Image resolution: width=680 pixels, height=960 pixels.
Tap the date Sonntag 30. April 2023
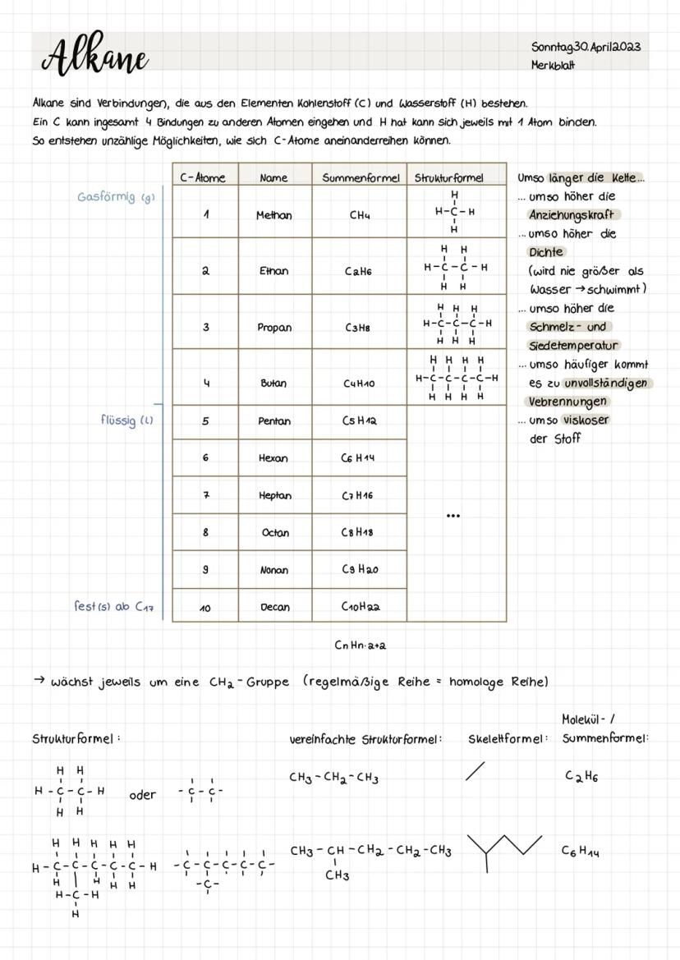585,46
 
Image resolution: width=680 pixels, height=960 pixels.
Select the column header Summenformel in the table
360,177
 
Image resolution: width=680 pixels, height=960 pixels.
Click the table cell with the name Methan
274,215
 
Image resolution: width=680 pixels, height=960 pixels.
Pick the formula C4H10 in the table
359,384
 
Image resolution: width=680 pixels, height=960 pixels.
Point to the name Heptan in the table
274,495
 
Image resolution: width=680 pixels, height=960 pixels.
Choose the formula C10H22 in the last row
359,607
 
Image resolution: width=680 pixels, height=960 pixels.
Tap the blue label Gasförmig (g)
115,197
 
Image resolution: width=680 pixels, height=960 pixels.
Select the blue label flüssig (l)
126,420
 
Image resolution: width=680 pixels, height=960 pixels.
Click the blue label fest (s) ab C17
113,607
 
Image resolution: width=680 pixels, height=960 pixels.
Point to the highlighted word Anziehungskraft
572,215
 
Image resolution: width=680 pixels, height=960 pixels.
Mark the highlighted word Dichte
546,252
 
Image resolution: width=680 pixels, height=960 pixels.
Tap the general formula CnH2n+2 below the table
360,645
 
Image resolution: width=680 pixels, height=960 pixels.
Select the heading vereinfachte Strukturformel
365,739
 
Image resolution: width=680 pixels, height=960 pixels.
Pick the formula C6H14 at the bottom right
581,852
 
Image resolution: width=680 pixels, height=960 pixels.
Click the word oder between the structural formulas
142,794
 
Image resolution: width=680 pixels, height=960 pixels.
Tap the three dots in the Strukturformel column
453,516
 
